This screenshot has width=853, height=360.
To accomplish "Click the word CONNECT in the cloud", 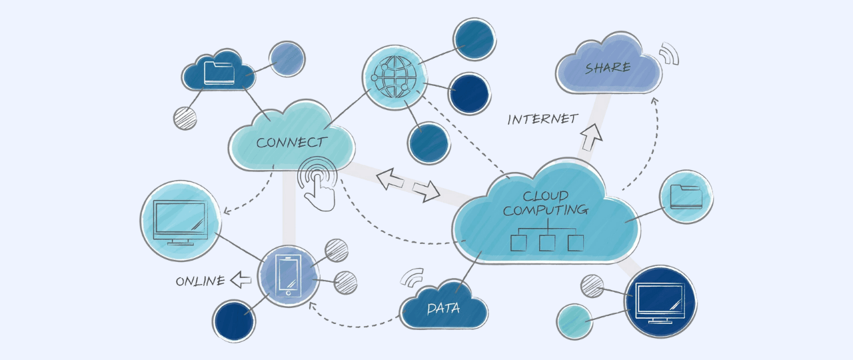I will click(291, 142).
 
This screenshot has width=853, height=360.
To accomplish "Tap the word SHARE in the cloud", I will click(608, 67).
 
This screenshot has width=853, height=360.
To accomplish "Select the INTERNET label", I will click(542, 119).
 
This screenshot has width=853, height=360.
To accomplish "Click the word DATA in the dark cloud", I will click(443, 309).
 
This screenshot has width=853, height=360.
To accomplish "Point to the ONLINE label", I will click(200, 281).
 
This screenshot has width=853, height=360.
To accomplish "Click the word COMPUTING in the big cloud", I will click(545, 210).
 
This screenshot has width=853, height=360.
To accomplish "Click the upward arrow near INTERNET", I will click(590, 136).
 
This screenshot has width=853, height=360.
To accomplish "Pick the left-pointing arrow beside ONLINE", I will click(240, 281).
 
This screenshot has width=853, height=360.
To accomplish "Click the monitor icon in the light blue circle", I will click(179, 220).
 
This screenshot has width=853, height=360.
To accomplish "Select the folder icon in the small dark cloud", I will click(219, 72).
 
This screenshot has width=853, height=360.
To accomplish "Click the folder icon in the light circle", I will click(686, 197).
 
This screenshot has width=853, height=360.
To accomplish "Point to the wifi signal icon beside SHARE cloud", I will click(668, 54).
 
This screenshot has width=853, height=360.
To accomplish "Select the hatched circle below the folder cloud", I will click(185, 118).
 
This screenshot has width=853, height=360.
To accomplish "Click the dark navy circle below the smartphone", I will click(233, 321).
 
